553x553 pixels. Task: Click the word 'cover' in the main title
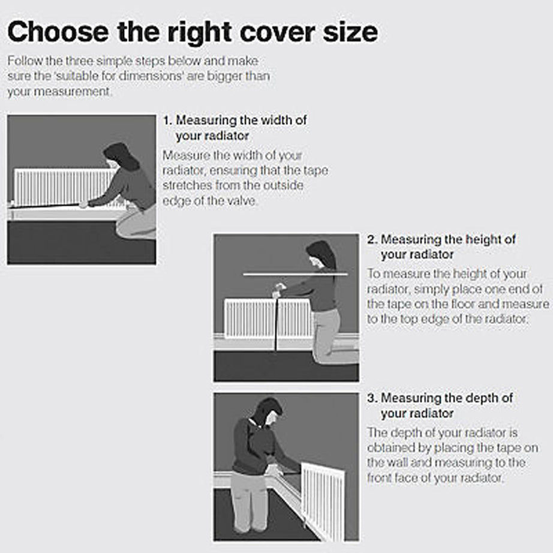tap(278, 33)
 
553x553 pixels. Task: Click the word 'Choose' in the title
tap(58, 32)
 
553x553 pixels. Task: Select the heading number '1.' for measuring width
tap(167, 121)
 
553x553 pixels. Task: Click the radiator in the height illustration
tap(268, 318)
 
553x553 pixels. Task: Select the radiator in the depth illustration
tap(323, 501)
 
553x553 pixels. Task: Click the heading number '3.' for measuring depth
tap(372, 398)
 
